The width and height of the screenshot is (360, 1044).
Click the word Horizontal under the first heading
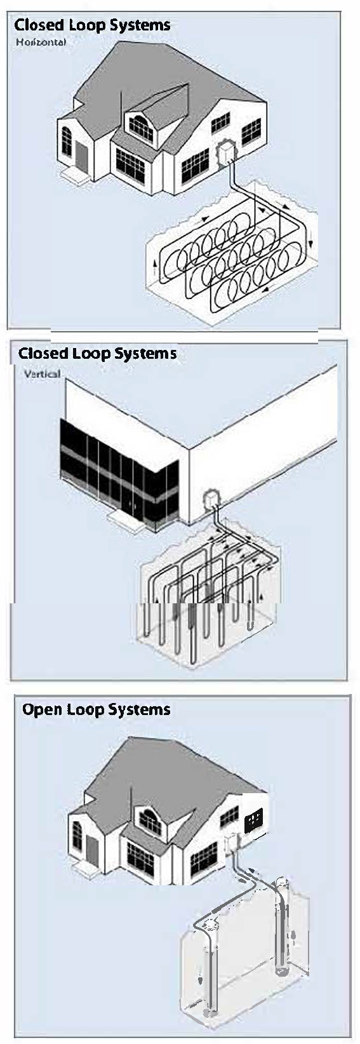41,42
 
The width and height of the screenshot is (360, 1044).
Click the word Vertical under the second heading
42,373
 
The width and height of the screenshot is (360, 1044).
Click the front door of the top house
81,156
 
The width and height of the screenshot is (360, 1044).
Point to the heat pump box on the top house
226,153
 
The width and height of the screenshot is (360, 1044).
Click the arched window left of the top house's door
67,141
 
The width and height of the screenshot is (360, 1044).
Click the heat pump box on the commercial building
212,499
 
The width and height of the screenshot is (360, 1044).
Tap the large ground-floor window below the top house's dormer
130,166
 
